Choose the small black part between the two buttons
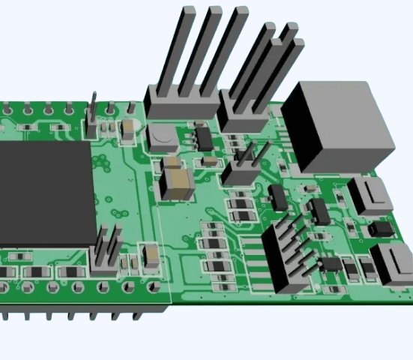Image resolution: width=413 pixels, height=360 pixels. pyautogui.click(x=382, y=226)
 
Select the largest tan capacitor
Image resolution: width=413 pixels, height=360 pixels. pyautogui.click(x=178, y=182)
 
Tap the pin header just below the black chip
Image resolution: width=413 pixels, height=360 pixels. pyautogui.click(x=107, y=251)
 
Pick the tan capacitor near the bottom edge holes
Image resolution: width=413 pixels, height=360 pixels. pyautogui.click(x=151, y=257)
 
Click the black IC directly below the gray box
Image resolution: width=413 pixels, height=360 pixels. pyautogui.click(x=319, y=209)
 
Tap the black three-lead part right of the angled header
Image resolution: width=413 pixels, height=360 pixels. pyautogui.click(x=330, y=264)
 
